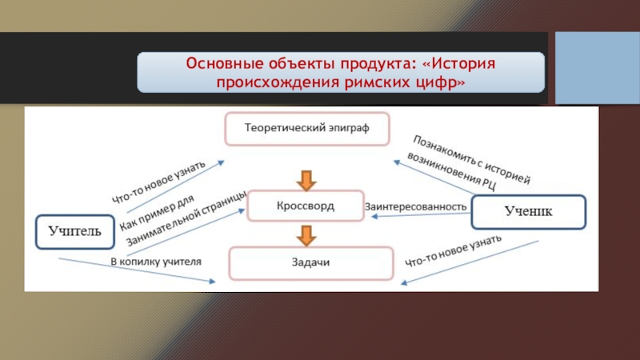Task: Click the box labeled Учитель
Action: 74,233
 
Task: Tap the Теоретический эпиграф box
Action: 307,127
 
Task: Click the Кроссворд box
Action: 301,206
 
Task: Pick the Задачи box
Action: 312,262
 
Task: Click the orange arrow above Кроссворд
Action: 305,178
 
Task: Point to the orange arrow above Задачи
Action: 305,235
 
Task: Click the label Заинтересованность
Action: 415,206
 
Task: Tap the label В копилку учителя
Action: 155,261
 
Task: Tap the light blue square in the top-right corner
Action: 595,67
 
